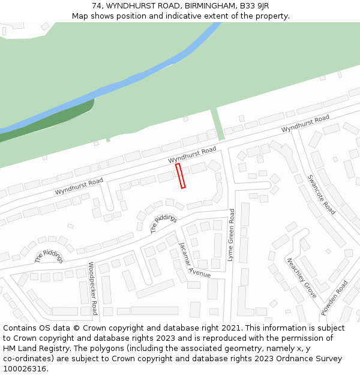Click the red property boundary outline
pyautogui.click(x=181, y=176)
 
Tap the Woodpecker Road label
pyautogui.click(x=93, y=288)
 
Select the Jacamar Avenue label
pyautogui.click(x=194, y=260)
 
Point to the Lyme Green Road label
pyautogui.click(x=230, y=235)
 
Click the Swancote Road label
pyautogui.click(x=321, y=194)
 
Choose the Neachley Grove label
pyautogui.click(x=301, y=278)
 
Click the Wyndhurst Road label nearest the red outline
pyautogui.click(x=192, y=155)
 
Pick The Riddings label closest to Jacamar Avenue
pyautogui.click(x=163, y=223)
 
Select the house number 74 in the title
pyautogui.click(x=97, y=6)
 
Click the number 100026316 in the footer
pyautogui.click(x=24, y=368)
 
